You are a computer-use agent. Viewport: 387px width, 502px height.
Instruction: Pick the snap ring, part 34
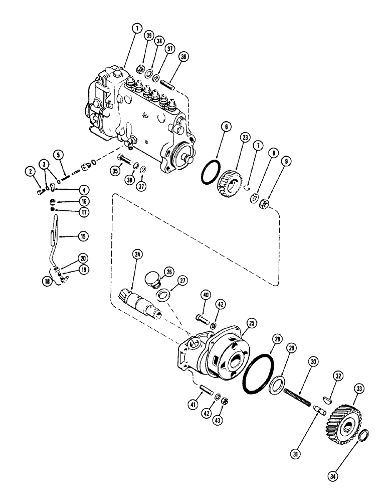click(364, 434)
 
